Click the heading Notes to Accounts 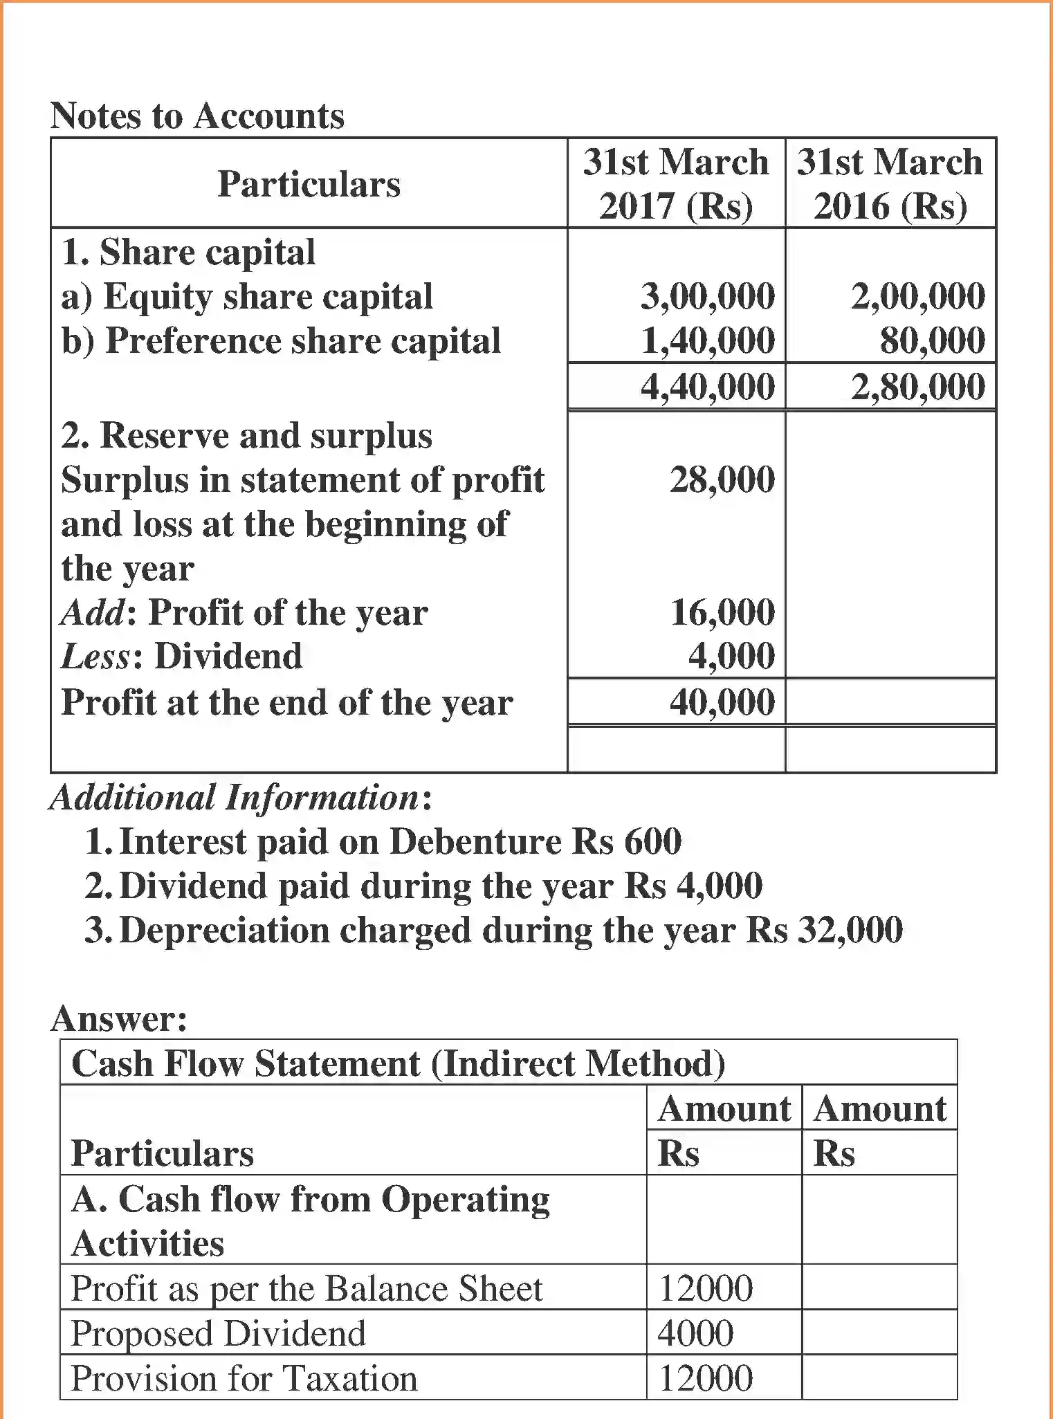(197, 116)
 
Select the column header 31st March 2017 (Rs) (676, 183)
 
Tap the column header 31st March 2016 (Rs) (890, 183)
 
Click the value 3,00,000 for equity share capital (707, 296)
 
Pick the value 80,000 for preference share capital (932, 340)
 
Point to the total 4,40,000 (707, 386)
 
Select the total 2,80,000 (917, 386)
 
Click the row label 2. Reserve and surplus (246, 436)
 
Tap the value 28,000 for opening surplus (722, 479)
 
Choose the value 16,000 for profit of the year (722, 612)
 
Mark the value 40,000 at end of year (722, 702)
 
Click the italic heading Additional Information (235, 797)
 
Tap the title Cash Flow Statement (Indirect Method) (399, 1063)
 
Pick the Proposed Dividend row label (218, 1333)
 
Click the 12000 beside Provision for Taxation (705, 1378)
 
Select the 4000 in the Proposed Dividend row (695, 1333)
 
